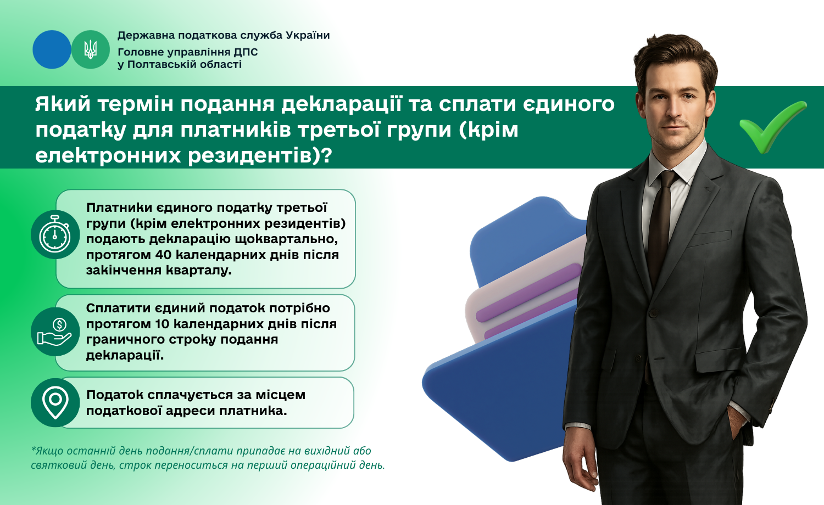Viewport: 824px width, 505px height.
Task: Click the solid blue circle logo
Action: tap(52, 49)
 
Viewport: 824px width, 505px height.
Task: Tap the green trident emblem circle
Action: tap(91, 49)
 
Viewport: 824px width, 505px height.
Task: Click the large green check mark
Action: tap(773, 126)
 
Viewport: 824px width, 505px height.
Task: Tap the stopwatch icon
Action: tap(55, 234)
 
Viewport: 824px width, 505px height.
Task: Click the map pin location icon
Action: tap(55, 402)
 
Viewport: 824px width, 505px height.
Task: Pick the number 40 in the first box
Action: tap(163, 255)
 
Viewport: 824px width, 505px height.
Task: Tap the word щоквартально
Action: tap(286, 240)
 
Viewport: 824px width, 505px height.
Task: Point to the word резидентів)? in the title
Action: tap(260, 155)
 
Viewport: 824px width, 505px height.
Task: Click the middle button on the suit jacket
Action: tap(654, 313)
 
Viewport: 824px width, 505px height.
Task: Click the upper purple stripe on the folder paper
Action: tap(528, 293)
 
